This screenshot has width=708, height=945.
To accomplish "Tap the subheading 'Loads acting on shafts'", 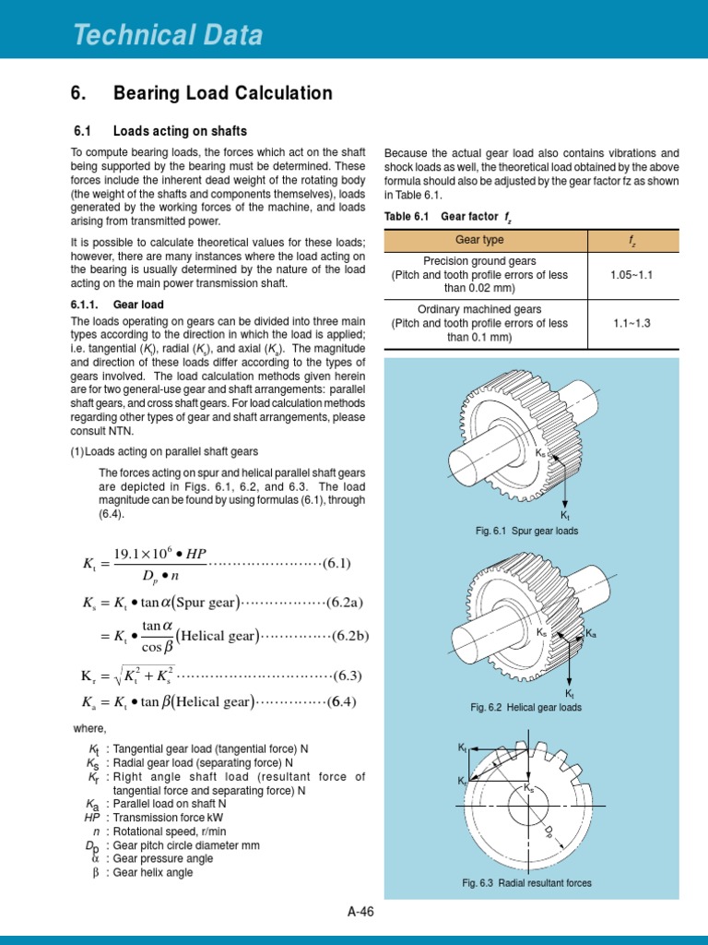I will click(x=180, y=131).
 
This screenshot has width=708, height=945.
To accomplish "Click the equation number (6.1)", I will click(x=336, y=564).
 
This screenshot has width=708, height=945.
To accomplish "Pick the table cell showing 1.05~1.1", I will click(x=631, y=275).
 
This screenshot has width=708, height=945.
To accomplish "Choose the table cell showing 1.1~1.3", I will click(x=631, y=323).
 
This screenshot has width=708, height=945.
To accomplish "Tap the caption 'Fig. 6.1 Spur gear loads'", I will click(x=527, y=531).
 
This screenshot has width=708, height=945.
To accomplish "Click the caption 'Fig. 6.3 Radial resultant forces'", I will click(x=527, y=883).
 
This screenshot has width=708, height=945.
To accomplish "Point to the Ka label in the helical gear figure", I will click(x=592, y=634).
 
